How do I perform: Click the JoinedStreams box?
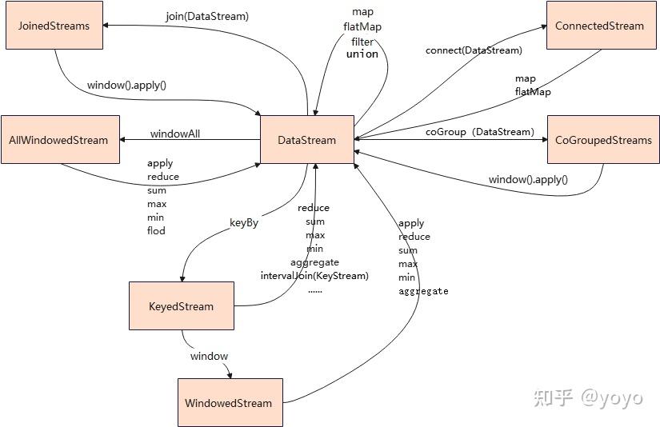(x=54, y=26)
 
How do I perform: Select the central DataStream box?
(x=307, y=140)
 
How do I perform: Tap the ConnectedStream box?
(x=599, y=26)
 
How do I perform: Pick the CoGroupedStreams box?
(x=603, y=140)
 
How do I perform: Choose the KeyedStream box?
(x=182, y=306)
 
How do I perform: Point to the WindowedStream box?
(x=229, y=403)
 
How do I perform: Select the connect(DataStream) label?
(x=474, y=50)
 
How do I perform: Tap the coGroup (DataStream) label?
(x=478, y=132)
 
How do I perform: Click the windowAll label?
(x=175, y=134)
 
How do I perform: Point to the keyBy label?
(x=243, y=223)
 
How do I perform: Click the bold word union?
(x=362, y=54)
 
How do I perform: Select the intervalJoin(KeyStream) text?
(x=314, y=276)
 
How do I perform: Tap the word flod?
(x=156, y=231)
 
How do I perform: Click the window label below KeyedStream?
(x=209, y=356)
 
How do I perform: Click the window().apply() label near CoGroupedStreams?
(x=528, y=180)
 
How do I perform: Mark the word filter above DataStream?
(x=362, y=42)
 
